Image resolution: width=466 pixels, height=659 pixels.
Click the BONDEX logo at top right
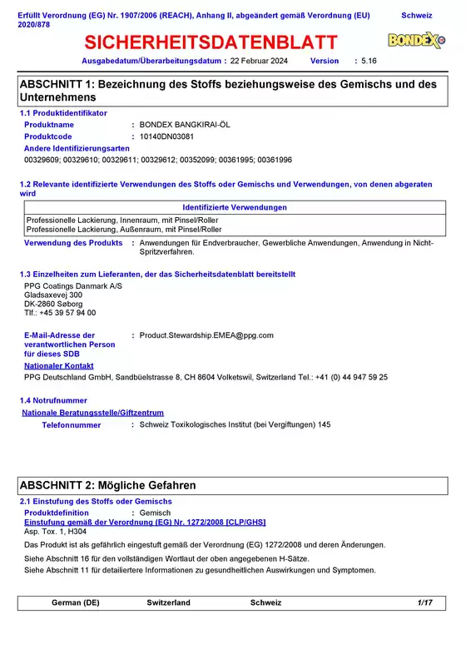point(416,41)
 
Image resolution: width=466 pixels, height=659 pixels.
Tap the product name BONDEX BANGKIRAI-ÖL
point(185,124)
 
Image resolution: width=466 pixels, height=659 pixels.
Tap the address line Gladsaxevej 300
point(53,295)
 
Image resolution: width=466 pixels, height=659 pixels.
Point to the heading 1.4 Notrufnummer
point(53,400)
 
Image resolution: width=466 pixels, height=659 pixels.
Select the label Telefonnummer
point(72,425)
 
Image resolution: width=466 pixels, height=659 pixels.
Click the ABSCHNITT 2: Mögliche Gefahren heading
point(107,484)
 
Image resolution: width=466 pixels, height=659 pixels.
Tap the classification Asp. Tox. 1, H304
point(55,530)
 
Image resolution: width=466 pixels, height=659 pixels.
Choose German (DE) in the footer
point(76,602)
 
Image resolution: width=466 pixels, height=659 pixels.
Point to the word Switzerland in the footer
point(169,602)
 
